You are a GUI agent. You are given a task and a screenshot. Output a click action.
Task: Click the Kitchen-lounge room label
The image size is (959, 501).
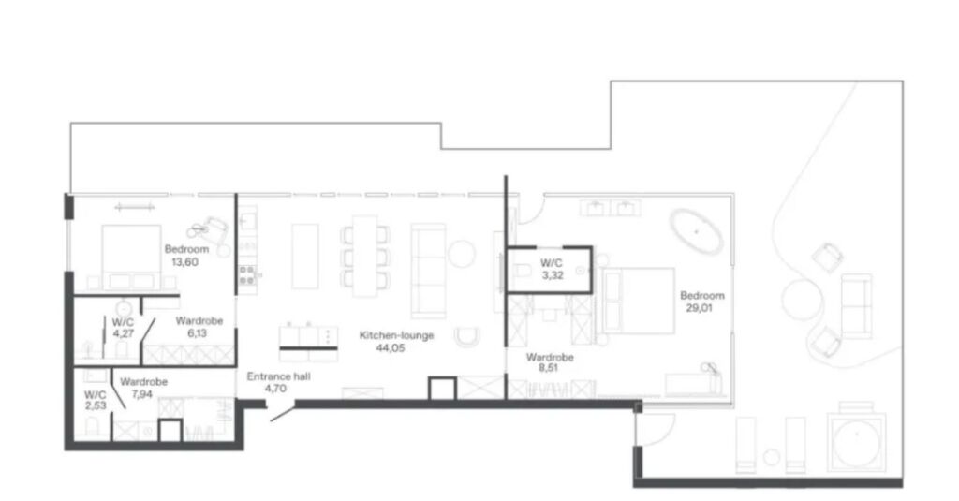(x=396, y=335)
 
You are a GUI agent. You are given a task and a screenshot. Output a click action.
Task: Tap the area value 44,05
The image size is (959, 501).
(x=391, y=348)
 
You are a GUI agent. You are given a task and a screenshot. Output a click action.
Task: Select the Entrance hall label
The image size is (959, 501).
(x=278, y=376)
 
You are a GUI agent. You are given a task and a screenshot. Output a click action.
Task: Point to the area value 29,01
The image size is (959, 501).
(x=699, y=308)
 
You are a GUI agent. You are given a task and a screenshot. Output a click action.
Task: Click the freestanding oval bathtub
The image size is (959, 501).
(x=696, y=231)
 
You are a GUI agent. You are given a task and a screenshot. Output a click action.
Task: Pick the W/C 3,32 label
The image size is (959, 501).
(x=552, y=269)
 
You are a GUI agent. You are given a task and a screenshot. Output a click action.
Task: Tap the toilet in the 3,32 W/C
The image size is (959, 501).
(x=521, y=269)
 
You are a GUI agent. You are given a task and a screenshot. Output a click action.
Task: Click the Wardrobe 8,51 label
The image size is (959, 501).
(x=549, y=362)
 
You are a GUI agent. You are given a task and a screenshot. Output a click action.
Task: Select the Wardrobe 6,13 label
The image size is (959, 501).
(x=199, y=327)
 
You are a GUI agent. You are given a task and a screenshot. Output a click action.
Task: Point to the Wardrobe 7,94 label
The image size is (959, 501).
(x=143, y=388)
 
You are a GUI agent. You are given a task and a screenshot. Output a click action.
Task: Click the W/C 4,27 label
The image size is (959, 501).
(x=123, y=327)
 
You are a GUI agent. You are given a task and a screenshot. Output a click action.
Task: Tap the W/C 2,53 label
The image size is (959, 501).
(x=96, y=400)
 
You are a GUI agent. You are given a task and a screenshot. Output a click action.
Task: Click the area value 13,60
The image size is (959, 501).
(x=184, y=262)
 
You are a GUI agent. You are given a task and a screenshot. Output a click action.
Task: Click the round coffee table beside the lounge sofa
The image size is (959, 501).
(x=462, y=253)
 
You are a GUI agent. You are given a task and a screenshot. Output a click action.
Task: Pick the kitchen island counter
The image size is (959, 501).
(x=305, y=257)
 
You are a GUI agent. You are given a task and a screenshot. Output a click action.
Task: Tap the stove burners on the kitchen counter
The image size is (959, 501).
(x=247, y=275)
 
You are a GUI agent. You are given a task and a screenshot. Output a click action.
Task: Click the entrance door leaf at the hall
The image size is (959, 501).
(x=282, y=414)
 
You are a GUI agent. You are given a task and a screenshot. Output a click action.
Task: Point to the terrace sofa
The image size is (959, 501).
(x=856, y=306)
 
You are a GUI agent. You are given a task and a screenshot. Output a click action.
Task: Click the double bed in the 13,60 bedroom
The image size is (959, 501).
(x=131, y=257)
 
